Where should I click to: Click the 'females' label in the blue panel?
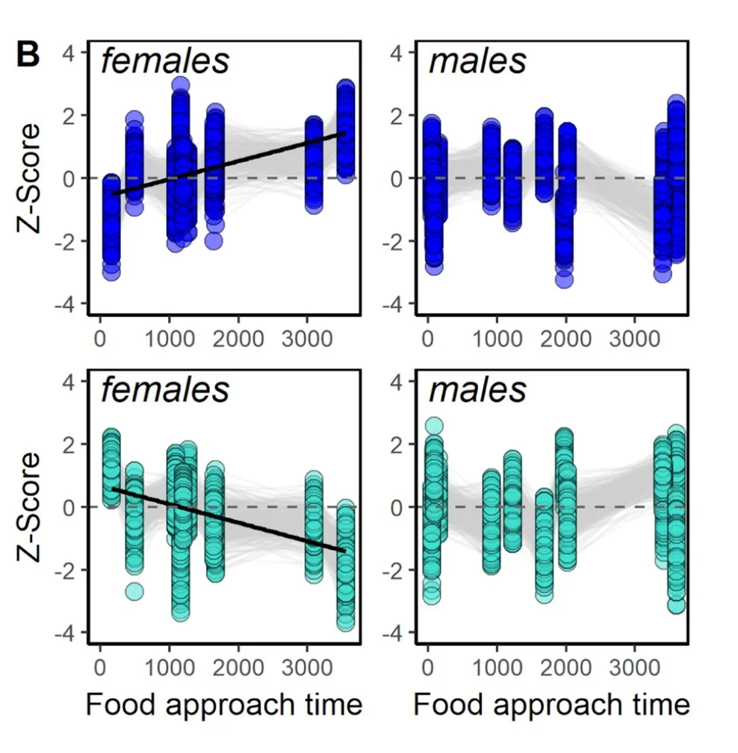tap(165, 61)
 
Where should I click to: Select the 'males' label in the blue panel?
tap(477, 61)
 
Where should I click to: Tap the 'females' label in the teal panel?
tap(165, 390)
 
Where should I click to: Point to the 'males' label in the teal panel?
tap(477, 390)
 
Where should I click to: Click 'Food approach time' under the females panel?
tap(224, 704)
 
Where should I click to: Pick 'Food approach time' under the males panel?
tap(551, 704)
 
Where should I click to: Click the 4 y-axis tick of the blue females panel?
tap(75, 53)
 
